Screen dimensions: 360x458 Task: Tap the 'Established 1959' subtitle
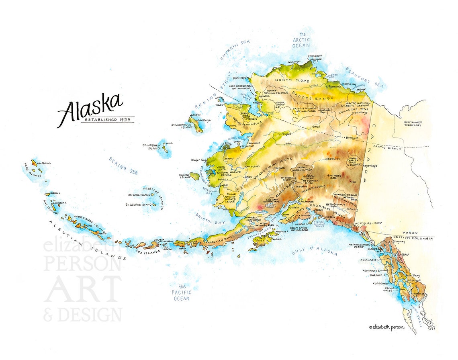(x=107, y=120)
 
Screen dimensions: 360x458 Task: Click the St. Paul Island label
(x=139, y=195)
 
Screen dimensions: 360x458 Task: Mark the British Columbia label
(x=413, y=238)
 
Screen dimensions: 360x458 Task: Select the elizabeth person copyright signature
(x=386, y=327)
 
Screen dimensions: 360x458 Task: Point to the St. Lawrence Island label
(x=182, y=126)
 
